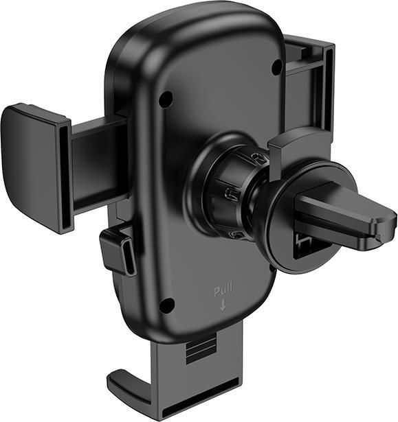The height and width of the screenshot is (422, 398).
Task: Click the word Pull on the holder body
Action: pos(222,292)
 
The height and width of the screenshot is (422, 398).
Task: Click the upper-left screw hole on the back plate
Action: pos(166,99)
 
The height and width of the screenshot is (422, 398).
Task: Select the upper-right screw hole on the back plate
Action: pos(276,67)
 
